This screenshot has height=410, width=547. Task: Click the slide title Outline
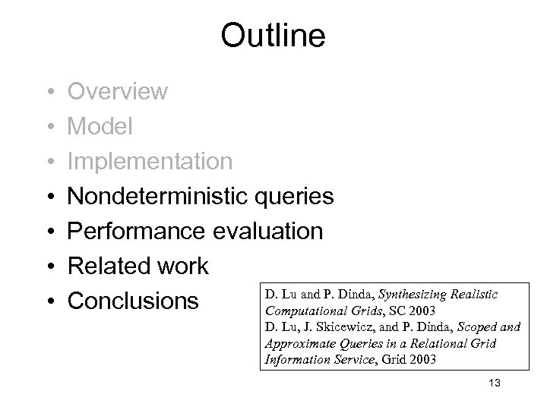click(273, 35)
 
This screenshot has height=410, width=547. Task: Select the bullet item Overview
click(118, 91)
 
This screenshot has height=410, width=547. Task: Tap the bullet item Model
click(100, 126)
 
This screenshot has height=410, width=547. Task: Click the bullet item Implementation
click(150, 161)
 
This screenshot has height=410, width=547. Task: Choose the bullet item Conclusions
click(133, 301)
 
